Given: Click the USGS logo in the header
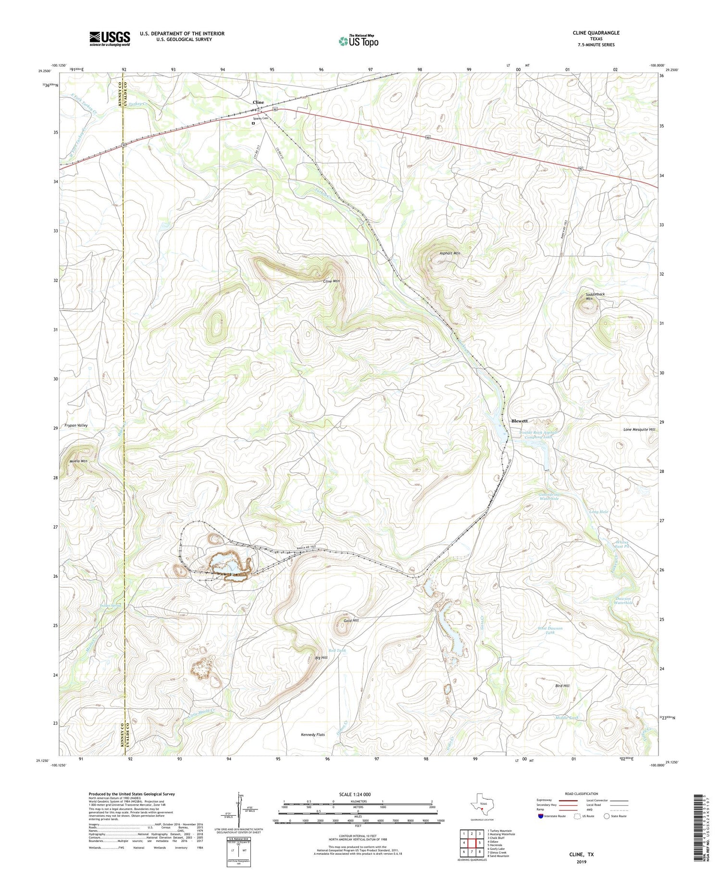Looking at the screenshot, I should tap(110, 38).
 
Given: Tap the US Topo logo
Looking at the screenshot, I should tap(358, 41).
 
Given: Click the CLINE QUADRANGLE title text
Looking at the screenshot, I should tap(596, 33).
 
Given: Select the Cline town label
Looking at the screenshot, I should tap(258, 102).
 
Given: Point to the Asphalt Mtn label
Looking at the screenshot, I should tap(449, 253).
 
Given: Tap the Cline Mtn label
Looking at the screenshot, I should tap(332, 281).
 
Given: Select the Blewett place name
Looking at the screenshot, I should tap(519, 421).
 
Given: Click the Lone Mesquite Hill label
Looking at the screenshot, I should tap(639, 430).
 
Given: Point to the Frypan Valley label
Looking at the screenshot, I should tap(76, 426).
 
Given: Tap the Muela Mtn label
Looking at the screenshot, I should tap(78, 461).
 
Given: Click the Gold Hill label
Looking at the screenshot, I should tap(351, 620).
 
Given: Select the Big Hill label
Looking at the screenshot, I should tap(321, 657).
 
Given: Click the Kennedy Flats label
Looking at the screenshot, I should tap(313, 735).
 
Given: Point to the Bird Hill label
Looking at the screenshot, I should tap(562, 686).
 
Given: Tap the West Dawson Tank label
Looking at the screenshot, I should tap(550, 631).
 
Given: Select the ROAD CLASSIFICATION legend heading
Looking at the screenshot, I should tap(581, 794).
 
